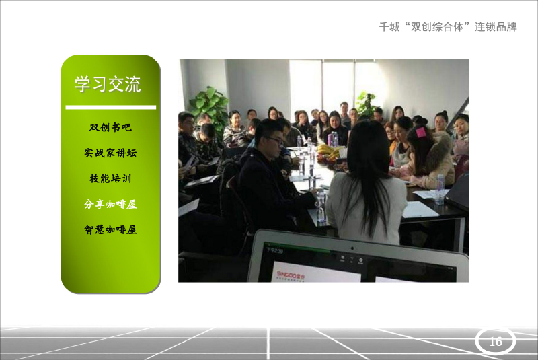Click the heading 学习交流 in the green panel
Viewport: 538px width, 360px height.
108,84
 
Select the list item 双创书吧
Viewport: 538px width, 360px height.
110,127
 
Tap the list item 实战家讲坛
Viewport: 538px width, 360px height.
110,153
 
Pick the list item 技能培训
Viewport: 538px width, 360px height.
110,178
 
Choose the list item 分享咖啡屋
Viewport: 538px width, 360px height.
110,204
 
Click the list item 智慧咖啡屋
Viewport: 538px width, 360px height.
110,229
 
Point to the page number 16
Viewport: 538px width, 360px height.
496,341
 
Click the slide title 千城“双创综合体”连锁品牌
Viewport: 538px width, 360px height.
448,27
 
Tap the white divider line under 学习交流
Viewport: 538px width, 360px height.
111,108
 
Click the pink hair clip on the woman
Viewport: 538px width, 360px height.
421,132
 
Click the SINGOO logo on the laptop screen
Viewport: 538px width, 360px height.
291,275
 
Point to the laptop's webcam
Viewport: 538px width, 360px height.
352,248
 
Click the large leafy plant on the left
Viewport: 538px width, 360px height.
209,106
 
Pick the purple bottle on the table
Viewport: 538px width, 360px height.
330,139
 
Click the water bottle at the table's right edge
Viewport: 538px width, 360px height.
440,188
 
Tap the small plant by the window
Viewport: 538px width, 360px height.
367,103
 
